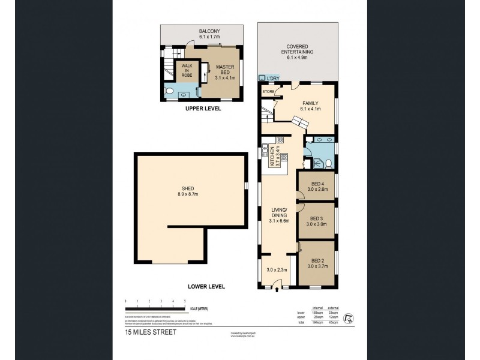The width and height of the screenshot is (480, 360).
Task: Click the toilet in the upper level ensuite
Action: coord(169,92)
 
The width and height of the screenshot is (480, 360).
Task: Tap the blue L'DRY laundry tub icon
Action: coord(262,78)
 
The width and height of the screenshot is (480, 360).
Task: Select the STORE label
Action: coord(268,92)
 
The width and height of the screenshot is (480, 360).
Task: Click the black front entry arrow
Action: coord(276,291)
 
